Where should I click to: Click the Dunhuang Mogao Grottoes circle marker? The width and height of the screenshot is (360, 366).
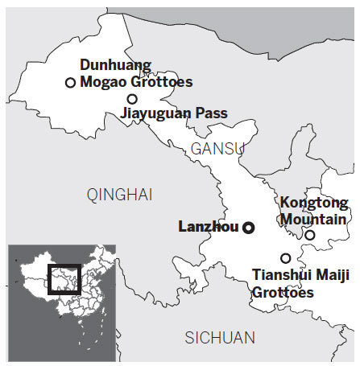(70, 82)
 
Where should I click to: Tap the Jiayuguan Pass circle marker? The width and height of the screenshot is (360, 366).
(132, 99)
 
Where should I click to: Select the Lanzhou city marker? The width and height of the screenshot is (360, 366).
(249, 228)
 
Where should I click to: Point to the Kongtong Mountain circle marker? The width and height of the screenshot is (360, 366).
(310, 235)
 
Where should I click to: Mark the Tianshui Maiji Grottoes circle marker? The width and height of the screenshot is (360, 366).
(285, 258)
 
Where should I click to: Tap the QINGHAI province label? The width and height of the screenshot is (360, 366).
(119, 193)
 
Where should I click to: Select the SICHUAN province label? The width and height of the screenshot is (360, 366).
(219, 337)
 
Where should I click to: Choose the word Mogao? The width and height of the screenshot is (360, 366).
(103, 83)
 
